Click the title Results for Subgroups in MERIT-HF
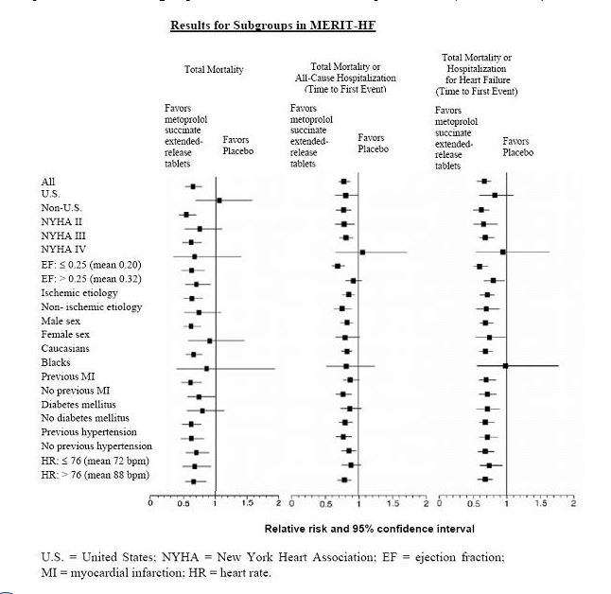[272, 25]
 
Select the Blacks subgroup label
[56, 362]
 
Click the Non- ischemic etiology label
[91, 306]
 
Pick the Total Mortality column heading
[214, 70]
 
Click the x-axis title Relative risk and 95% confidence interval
[369, 528]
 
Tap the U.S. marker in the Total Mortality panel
[218, 200]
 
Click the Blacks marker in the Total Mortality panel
[206, 368]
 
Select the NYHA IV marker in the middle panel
[362, 252]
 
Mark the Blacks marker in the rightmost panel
[505, 365]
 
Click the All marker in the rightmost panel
[485, 181]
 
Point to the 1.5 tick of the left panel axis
[249, 503]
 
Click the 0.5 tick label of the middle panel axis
[325, 503]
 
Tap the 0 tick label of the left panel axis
[151, 503]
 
